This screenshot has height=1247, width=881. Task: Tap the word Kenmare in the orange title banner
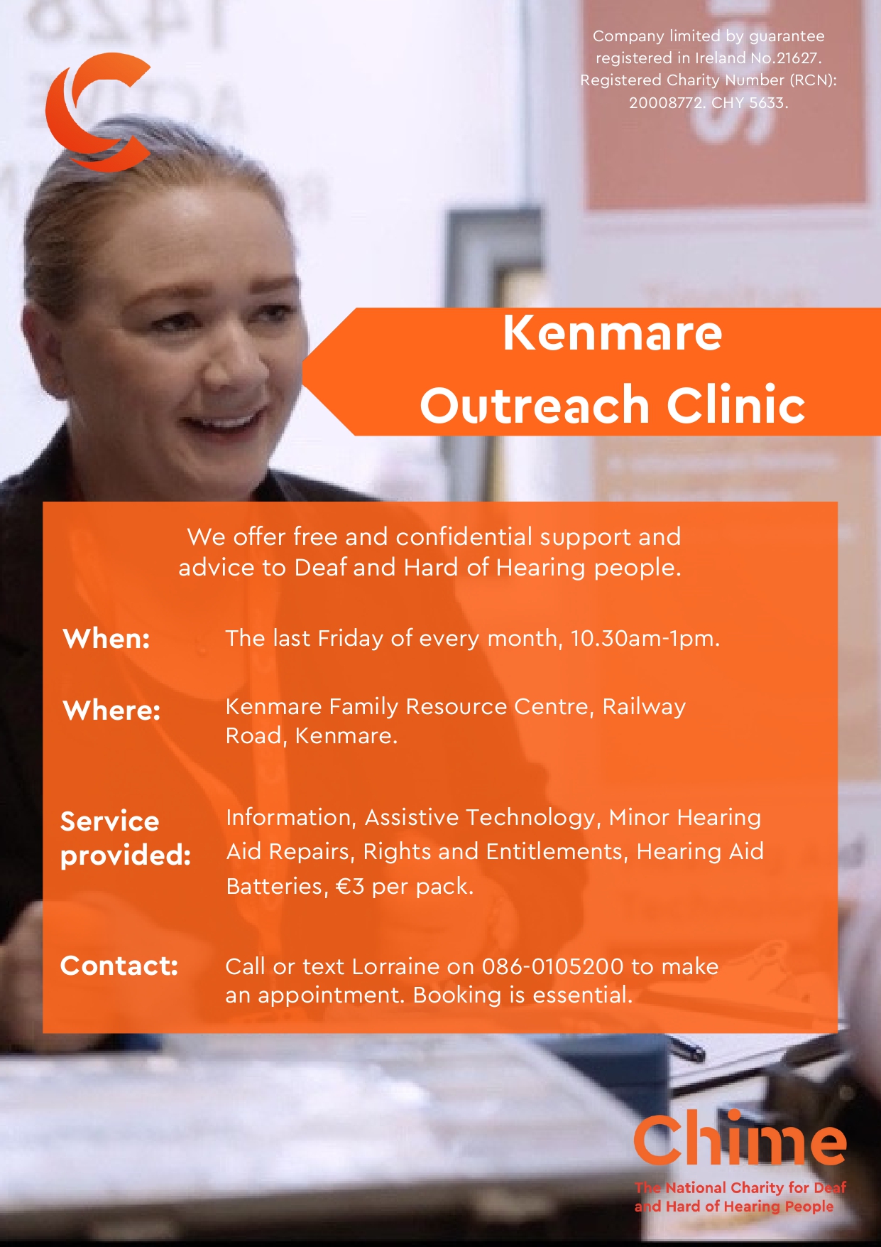tap(613, 333)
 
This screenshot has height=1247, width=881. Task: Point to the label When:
tap(106, 639)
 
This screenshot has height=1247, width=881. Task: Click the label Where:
tap(112, 710)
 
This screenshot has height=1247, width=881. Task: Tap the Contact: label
tap(119, 966)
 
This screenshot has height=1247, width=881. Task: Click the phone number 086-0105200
tap(552, 966)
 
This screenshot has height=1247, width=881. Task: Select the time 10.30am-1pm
tap(645, 639)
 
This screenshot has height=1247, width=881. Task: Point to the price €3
tap(350, 887)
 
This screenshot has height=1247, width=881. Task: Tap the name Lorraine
tap(395, 966)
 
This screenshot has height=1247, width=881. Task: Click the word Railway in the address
tap(644, 707)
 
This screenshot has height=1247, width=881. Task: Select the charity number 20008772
tap(667, 103)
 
